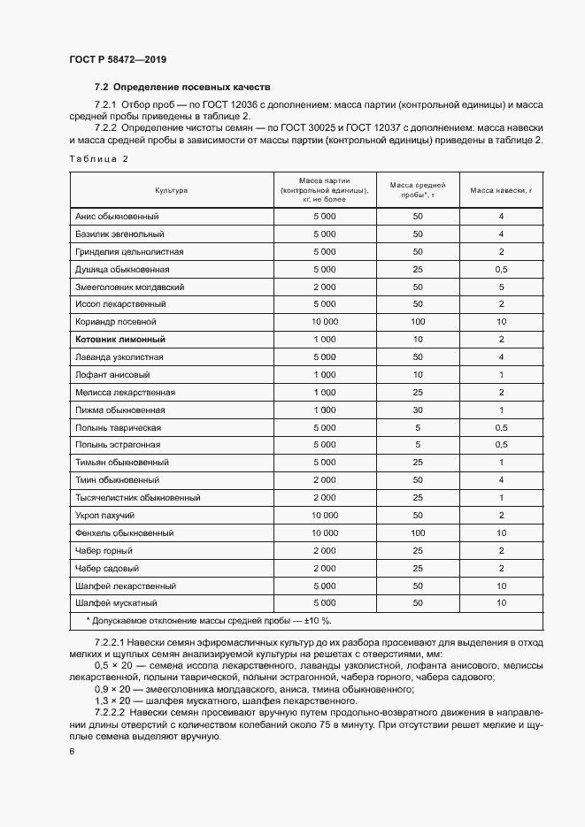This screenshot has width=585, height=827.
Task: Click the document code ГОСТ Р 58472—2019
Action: (118, 59)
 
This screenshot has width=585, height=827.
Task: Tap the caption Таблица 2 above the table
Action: (99, 158)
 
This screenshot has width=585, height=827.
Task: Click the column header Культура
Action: (172, 190)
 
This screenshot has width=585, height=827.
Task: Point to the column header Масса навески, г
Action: (500, 190)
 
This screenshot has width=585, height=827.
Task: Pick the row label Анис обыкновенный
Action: (117, 217)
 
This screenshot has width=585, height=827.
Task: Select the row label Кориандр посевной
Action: (116, 322)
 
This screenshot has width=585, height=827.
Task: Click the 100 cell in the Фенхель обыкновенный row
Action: (418, 533)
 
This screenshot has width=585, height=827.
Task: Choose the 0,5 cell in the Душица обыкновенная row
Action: (501, 269)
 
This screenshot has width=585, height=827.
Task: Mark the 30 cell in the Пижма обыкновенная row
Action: (418, 410)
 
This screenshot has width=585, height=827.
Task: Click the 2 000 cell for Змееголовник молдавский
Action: (325, 287)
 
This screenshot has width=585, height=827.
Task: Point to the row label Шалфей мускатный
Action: (116, 603)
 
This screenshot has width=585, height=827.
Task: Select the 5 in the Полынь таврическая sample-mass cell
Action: (418, 428)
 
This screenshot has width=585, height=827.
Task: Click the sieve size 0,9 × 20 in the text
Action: (112, 688)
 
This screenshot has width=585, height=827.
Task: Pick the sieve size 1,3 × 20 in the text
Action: (112, 700)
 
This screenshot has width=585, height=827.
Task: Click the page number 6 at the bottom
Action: (72, 751)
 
